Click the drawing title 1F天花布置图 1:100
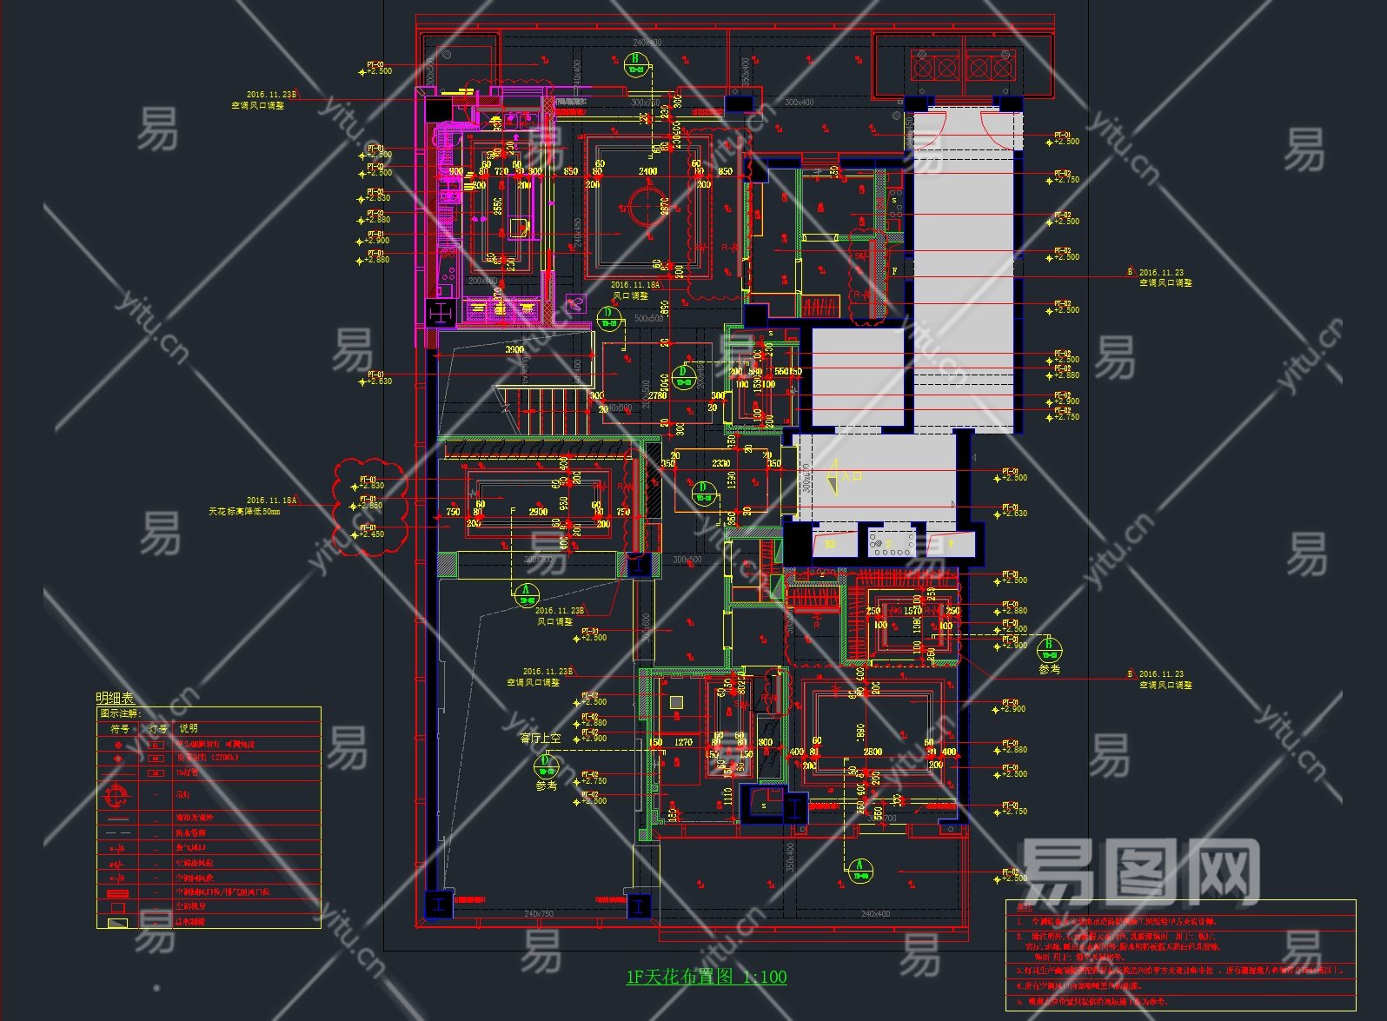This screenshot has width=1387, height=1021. click(x=706, y=977)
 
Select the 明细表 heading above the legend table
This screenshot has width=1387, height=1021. click(x=115, y=698)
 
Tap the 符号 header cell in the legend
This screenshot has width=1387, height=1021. click(x=119, y=728)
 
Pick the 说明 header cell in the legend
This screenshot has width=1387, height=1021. click(x=189, y=728)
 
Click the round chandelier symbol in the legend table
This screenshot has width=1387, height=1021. click(x=116, y=794)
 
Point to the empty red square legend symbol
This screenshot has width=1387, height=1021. click(x=117, y=906)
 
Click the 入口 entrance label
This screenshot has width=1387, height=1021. click(x=852, y=476)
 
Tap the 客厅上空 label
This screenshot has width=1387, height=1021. click(x=541, y=738)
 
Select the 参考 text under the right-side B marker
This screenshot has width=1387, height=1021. click(x=1050, y=669)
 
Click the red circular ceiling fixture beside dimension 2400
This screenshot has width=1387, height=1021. click(x=645, y=209)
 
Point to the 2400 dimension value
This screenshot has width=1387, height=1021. click(x=648, y=171)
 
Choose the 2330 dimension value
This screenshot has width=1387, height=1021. click(x=721, y=463)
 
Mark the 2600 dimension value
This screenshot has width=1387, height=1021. click(x=873, y=752)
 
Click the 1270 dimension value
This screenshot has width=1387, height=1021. click(x=683, y=742)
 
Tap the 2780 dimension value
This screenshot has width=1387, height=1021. click(x=657, y=395)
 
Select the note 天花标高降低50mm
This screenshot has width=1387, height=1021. click(x=244, y=512)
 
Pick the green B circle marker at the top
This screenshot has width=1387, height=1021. click(x=636, y=64)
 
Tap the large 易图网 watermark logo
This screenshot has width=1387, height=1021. click(x=1138, y=872)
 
